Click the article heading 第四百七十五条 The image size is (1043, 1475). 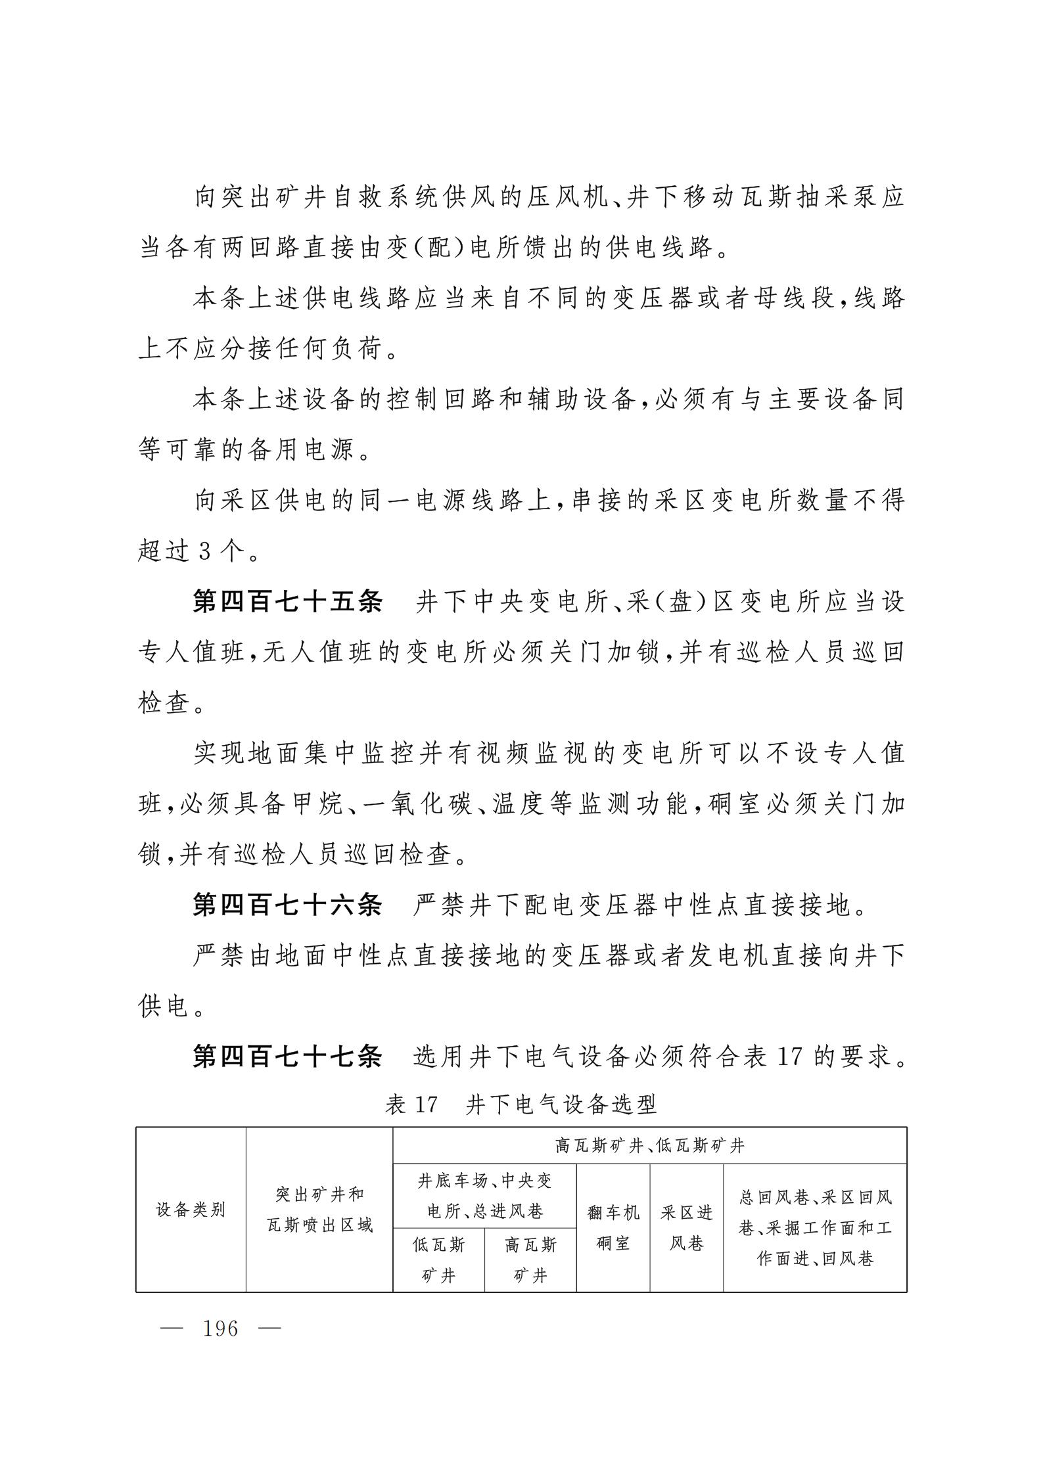(x=287, y=602)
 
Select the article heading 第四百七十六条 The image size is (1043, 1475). (x=287, y=906)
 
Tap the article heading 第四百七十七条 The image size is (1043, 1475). (x=287, y=1057)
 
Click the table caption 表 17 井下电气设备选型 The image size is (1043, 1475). (x=521, y=1105)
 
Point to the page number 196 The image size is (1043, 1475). (x=221, y=1328)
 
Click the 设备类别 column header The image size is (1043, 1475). (x=191, y=1210)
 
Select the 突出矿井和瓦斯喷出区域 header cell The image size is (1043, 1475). (x=319, y=1210)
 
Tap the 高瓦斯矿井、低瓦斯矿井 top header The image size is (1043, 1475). (x=649, y=1146)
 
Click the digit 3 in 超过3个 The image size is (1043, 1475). (x=204, y=551)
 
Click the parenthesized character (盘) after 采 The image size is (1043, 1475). (x=678, y=602)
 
